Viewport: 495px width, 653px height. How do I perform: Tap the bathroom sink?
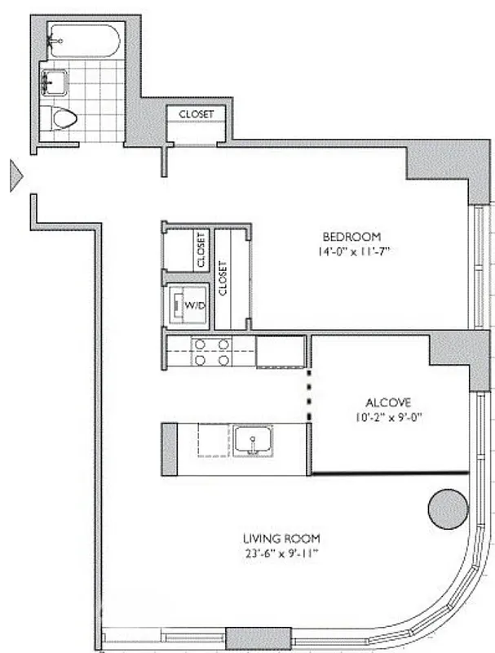tap(55, 82)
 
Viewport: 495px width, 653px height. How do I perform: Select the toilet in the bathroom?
tap(64, 119)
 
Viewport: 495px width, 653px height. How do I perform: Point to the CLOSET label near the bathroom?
tap(197, 114)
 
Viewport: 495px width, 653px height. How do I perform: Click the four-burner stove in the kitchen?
tap(210, 352)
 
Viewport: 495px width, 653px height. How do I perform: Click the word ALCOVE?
tap(387, 402)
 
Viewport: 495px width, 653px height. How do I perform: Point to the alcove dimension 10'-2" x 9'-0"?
tap(387, 417)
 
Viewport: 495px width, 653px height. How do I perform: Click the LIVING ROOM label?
tap(281, 538)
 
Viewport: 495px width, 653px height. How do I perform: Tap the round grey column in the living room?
tap(449, 509)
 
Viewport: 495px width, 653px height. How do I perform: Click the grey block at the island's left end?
tap(170, 448)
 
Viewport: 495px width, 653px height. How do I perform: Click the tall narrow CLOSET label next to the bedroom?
tap(223, 278)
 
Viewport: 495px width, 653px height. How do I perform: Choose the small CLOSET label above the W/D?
tap(201, 250)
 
